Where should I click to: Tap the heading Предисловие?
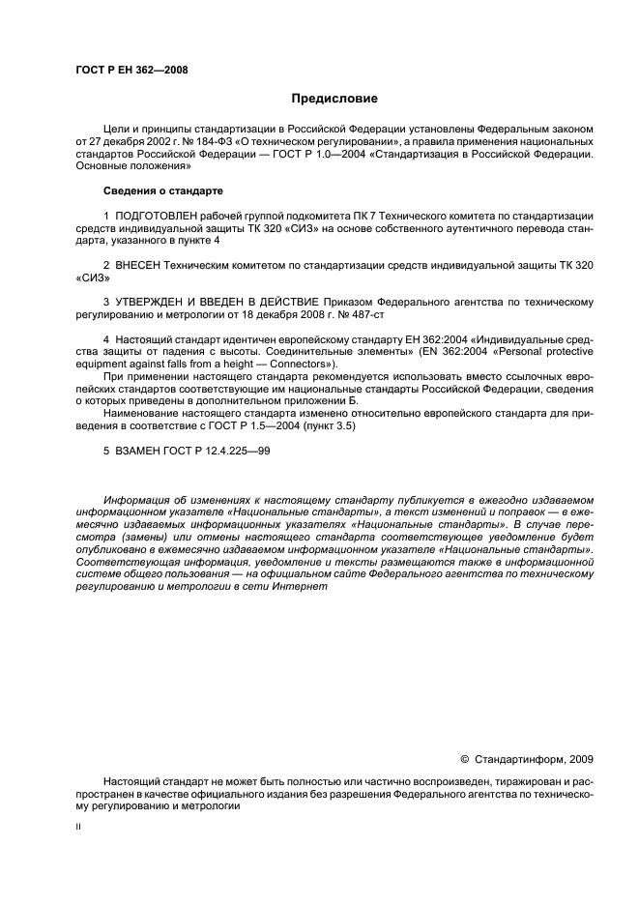tap(334, 99)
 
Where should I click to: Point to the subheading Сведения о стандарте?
tap(162, 190)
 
